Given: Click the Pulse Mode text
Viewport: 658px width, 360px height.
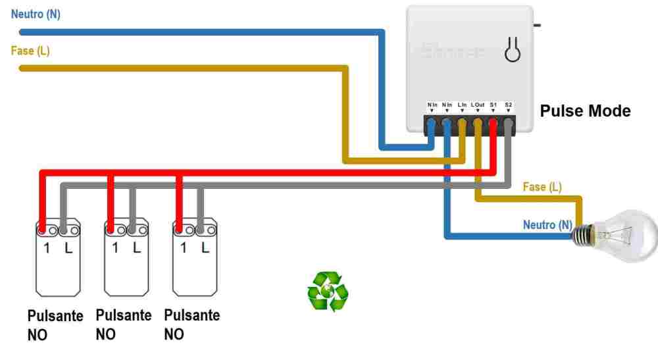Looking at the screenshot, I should pos(585,111).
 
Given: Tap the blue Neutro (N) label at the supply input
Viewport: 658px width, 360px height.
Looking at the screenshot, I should pos(36,14).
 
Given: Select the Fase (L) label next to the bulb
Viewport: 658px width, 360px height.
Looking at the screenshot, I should pos(542,187).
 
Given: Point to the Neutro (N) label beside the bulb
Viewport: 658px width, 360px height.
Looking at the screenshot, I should pos(547,225).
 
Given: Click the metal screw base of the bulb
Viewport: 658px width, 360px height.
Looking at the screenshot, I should pos(582,236).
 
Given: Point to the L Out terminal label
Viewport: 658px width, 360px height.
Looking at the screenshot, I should pos(478,105).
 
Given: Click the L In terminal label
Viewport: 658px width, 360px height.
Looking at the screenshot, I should pos(462,105).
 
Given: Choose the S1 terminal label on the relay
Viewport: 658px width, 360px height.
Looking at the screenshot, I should pos(493,105).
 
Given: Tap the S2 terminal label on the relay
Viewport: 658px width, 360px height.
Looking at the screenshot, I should pos(509,105).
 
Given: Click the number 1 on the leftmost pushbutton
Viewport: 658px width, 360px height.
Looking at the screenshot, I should pos(47,249).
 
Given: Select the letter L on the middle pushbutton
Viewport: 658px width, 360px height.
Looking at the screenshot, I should pos(137,248).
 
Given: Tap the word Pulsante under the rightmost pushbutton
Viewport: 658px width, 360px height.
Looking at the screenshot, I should pos(191,315).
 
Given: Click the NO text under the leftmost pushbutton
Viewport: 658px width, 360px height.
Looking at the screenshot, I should pos(38,334).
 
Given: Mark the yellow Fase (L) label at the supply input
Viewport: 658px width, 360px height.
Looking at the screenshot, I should pos(30,51).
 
